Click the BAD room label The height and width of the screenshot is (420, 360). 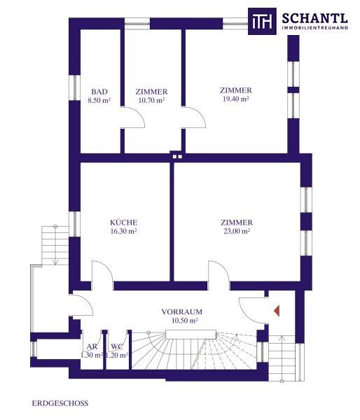coord(99,92)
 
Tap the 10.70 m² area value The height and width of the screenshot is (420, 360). coord(151,100)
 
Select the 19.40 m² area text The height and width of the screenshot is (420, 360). coord(236,99)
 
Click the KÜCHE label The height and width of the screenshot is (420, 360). coord(123,223)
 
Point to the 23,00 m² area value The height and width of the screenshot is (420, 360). coord(237,231)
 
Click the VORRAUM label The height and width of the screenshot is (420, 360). coord(181,311)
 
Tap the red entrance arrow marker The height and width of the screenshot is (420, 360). coord(277,311)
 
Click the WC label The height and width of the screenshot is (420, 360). coord(117,346)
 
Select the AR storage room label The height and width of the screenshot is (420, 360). coord(92,346)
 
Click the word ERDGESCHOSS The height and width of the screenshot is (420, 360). coord(60,403)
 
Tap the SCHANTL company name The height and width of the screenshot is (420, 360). coord(315,18)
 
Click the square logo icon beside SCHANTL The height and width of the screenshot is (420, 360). coord(262,21)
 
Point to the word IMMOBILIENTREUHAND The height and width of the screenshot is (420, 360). coord(315,27)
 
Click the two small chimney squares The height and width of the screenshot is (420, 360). coord(177,157)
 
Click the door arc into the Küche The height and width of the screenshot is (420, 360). coord(102,271)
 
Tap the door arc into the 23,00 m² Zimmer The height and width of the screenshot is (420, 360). coord(219,271)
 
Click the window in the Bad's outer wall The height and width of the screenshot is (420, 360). coord(75,88)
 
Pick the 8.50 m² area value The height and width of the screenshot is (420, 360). coord(99,100)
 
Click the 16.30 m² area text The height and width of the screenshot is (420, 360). coord(123,231)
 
